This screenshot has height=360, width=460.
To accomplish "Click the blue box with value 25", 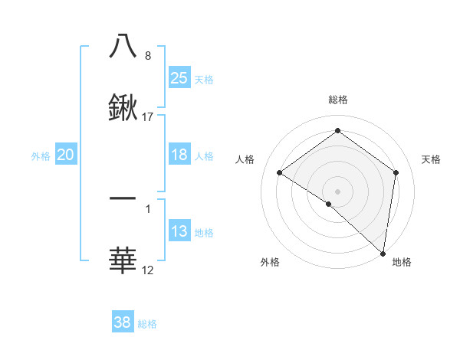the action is coord(179,78).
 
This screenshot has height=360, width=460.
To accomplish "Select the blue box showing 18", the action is coord(179,155).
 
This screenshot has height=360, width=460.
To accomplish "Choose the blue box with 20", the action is coord(66,155).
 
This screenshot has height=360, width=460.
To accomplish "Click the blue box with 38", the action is coord(123,322).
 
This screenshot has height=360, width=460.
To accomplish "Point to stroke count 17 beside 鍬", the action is coord(148,117).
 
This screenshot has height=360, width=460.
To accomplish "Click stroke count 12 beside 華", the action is coord(148,270).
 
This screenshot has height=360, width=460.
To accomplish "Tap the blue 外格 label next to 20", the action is coord(41,155).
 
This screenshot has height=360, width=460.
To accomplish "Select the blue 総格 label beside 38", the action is coord(148,323).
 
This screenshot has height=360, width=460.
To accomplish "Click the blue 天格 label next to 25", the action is coord(204,79).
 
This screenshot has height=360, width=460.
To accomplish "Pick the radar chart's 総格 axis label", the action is coord(337,100).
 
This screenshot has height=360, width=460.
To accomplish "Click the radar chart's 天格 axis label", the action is coord(431,159).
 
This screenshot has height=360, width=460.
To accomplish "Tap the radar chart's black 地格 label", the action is coord(402,262).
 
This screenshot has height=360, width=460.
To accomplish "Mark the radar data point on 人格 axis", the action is coord(280,173).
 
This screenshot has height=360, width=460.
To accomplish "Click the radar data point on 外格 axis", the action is coord(328,204).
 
